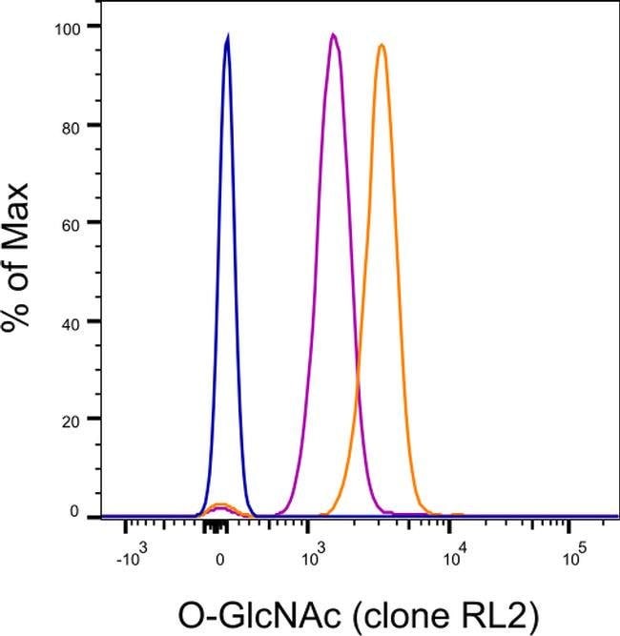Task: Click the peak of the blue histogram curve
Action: [228, 36]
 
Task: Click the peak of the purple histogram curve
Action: [333, 35]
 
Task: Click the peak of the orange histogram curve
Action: [382, 45]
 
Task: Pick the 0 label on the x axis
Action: [220, 557]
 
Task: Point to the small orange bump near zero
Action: [221, 505]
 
